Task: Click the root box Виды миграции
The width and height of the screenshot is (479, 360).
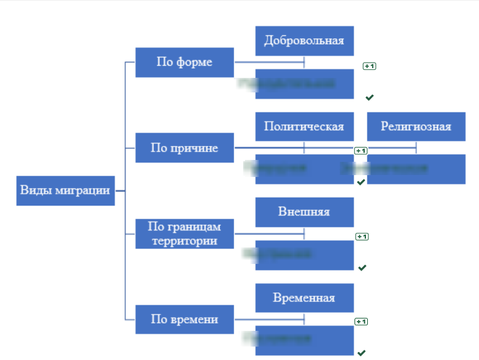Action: [65, 190]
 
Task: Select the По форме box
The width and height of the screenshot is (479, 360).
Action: [184, 62]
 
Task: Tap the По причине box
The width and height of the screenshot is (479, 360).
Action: [184, 148]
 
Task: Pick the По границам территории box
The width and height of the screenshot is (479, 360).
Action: [184, 234]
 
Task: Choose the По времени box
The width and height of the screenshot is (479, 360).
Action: [184, 319]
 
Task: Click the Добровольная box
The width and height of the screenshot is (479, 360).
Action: [304, 41]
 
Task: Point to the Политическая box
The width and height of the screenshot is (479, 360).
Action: [304, 126]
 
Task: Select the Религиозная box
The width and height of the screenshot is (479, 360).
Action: [416, 126]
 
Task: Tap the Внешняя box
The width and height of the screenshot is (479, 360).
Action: [304, 212]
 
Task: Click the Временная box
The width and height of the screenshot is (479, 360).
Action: [304, 298]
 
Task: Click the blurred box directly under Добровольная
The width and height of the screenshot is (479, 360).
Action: [304, 83]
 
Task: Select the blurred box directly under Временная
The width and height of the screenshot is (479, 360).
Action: [304, 340]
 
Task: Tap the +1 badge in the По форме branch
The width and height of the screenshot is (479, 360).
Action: [369, 65]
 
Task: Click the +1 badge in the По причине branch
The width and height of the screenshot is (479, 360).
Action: [361, 150]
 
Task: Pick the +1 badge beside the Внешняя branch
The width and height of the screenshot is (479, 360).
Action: [362, 236]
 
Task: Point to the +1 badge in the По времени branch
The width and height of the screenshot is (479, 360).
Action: [362, 321]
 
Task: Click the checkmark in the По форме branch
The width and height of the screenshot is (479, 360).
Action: [369, 97]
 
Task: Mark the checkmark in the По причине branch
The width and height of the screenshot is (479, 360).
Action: [361, 182]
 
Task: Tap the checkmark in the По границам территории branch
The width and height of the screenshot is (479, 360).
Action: [362, 268]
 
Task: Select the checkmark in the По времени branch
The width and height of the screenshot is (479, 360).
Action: [362, 353]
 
